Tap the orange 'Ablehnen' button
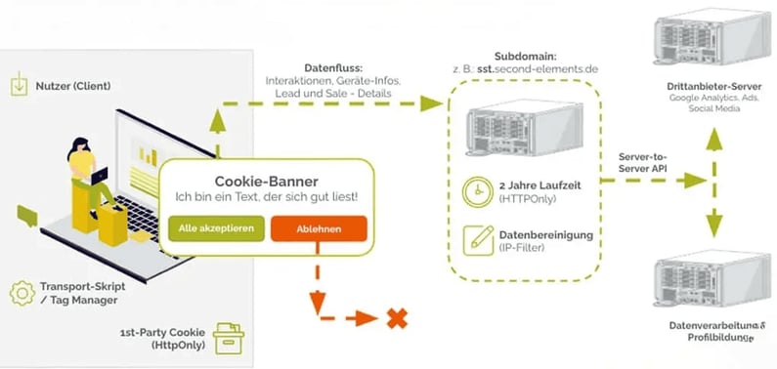click(x=319, y=228)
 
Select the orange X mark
click(x=396, y=317)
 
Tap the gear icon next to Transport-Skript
click(x=22, y=292)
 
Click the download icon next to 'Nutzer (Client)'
click(x=18, y=85)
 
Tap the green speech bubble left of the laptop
click(x=26, y=214)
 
